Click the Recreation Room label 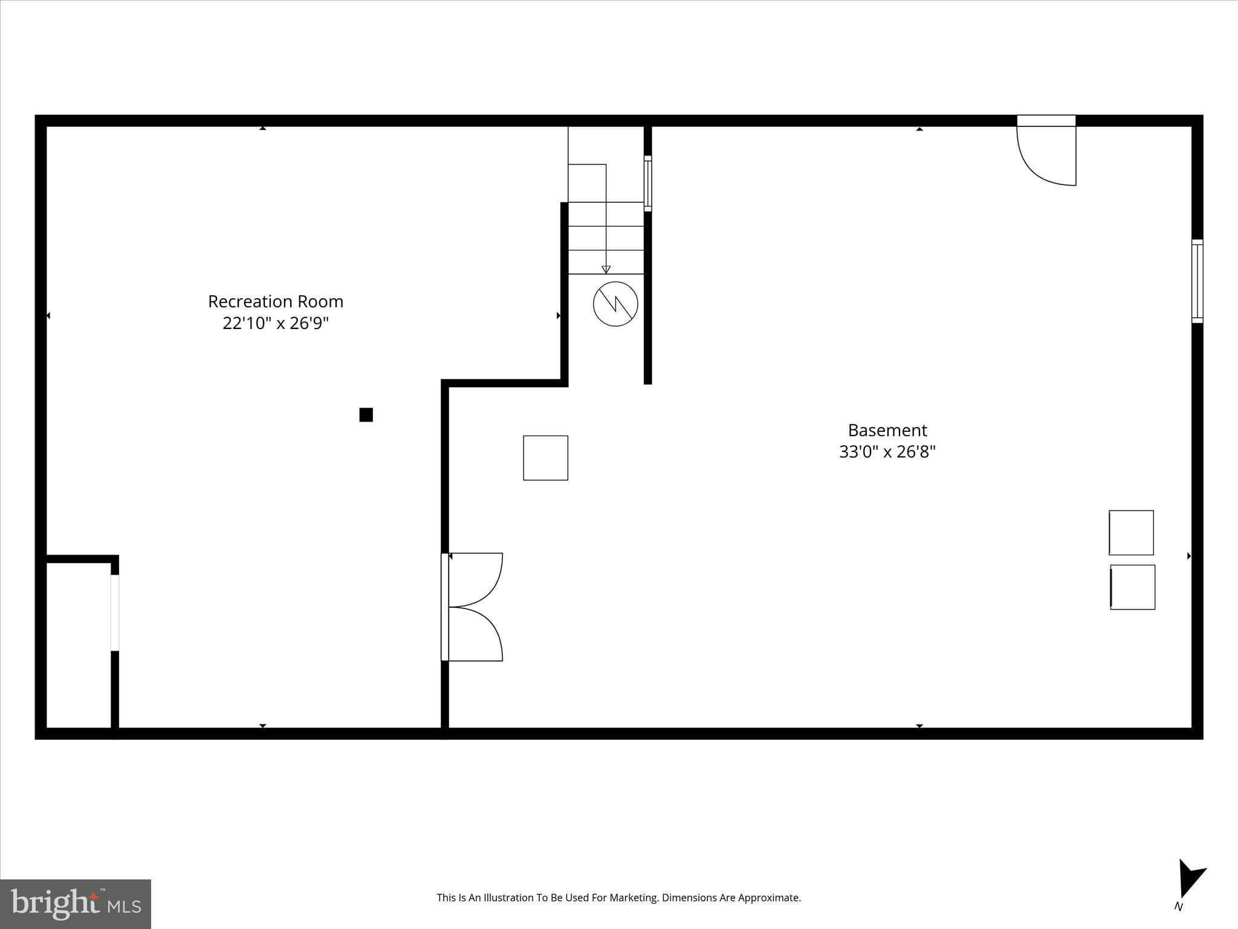point(276,301)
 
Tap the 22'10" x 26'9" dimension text point(276,324)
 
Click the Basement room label point(887,430)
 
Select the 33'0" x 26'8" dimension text point(887,452)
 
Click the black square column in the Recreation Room point(366,415)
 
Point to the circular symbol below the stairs point(615,304)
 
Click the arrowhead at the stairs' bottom point(606,270)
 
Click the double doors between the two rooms point(475,607)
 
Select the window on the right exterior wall point(1197,281)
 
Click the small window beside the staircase point(647,183)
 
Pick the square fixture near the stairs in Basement point(545,458)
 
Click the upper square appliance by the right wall point(1131,533)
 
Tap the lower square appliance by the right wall point(1133,587)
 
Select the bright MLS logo point(76,904)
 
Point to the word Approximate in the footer point(772,898)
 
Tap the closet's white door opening point(115,613)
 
